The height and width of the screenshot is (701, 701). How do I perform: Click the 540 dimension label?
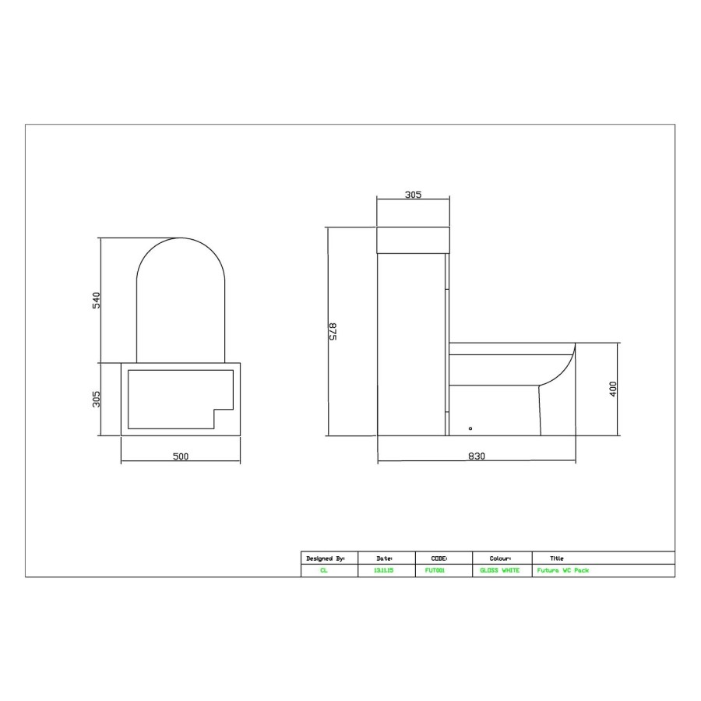click(x=97, y=300)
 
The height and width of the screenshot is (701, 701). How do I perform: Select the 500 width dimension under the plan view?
click(x=181, y=456)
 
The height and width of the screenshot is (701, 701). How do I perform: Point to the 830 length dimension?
click(x=477, y=456)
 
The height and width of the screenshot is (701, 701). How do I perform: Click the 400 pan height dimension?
click(x=613, y=389)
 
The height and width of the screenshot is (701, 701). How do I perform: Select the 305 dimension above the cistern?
click(x=413, y=195)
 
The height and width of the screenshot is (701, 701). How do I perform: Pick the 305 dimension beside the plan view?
click(x=97, y=399)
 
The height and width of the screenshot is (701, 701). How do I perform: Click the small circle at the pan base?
click(x=470, y=428)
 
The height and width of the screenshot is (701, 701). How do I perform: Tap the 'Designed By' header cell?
click(x=326, y=558)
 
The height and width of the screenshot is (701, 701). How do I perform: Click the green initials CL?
click(x=324, y=571)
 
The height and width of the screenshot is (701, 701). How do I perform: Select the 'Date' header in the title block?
click(x=384, y=558)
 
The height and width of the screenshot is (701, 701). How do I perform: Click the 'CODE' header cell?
click(x=439, y=558)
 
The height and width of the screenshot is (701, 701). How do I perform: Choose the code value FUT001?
click(x=435, y=571)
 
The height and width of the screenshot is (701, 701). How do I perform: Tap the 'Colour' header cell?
click(x=500, y=558)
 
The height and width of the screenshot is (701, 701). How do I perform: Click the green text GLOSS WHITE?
click(x=500, y=571)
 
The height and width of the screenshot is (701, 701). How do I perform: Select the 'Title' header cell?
click(x=557, y=558)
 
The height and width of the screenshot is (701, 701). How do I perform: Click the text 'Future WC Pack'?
click(x=563, y=571)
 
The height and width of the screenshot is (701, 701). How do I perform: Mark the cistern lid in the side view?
click(x=413, y=240)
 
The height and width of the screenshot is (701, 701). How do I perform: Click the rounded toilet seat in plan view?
click(x=181, y=300)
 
